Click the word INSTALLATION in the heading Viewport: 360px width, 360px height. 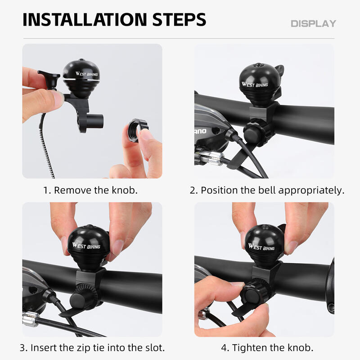point(85,19)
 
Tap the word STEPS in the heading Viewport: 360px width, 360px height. point(179,19)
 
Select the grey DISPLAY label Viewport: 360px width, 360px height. point(313,24)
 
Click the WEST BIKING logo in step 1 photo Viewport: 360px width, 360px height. point(87,74)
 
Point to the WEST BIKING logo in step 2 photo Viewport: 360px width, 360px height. point(255,85)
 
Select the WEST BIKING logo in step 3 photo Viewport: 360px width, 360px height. point(86,246)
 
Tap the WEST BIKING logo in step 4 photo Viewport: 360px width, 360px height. point(261,247)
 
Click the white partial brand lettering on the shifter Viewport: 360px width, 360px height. point(200,131)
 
